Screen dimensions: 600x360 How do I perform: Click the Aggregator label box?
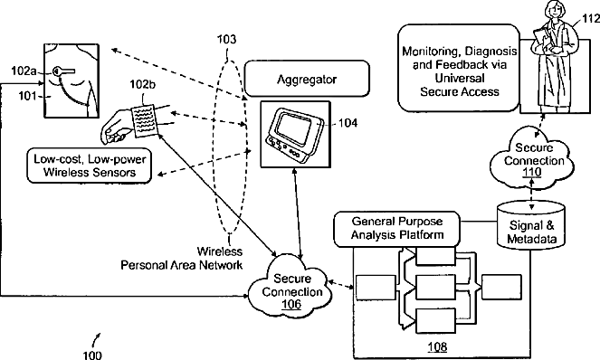pos(307,79)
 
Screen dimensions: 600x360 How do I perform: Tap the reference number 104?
pos(348,123)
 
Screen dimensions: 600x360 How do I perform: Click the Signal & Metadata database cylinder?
pos(531,225)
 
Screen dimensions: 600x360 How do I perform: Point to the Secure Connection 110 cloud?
pos(533,159)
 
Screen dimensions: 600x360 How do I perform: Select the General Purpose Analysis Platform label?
pos(396,229)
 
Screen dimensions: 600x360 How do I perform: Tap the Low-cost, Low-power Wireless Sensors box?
pos(90,166)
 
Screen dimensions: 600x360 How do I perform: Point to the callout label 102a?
pos(24,71)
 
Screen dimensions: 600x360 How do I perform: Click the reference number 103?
pos(226,40)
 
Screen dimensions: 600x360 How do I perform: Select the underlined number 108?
pos(437,346)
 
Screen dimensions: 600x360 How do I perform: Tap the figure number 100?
pos(92,355)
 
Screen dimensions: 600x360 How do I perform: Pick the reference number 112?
pos(591,18)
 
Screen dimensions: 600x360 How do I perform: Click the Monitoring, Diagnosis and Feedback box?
pos(459,68)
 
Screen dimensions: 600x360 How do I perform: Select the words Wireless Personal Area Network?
pos(182,258)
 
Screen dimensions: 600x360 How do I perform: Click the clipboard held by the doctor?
pos(540,37)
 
